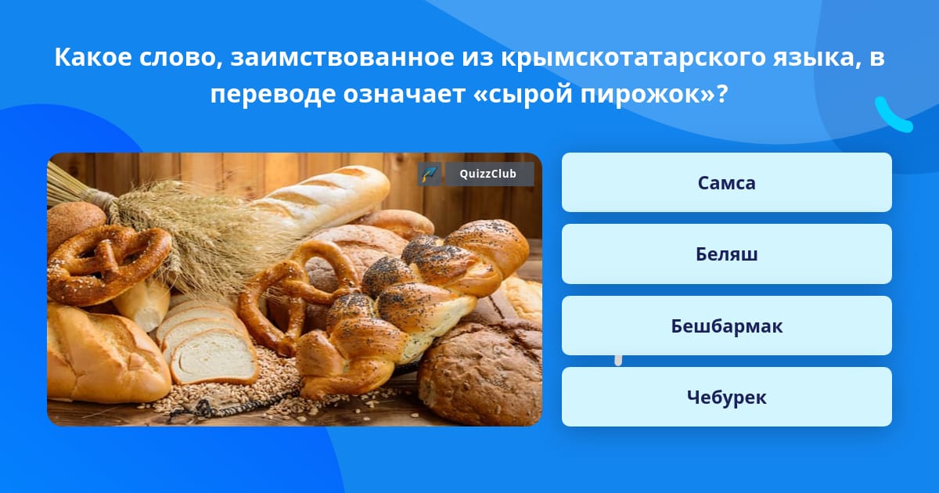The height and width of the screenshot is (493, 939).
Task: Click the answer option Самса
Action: coord(726,182)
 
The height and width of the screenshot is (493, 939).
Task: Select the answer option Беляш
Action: coord(726,254)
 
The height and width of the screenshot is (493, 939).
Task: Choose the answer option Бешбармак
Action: coord(726,326)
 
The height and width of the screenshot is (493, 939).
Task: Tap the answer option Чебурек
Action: coord(726,397)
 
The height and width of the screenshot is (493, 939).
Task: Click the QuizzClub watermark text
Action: coord(488,174)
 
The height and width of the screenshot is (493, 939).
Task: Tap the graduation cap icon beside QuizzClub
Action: coord(430,174)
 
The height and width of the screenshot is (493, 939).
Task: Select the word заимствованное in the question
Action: coord(342,57)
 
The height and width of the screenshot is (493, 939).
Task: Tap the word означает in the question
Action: coord(404,93)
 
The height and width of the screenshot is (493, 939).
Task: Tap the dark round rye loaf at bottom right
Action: coord(482,373)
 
